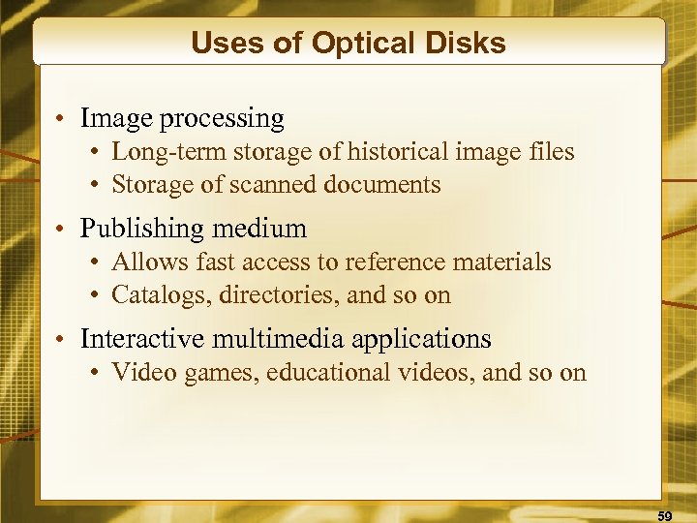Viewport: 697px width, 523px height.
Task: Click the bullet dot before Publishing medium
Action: pos(60,231)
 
